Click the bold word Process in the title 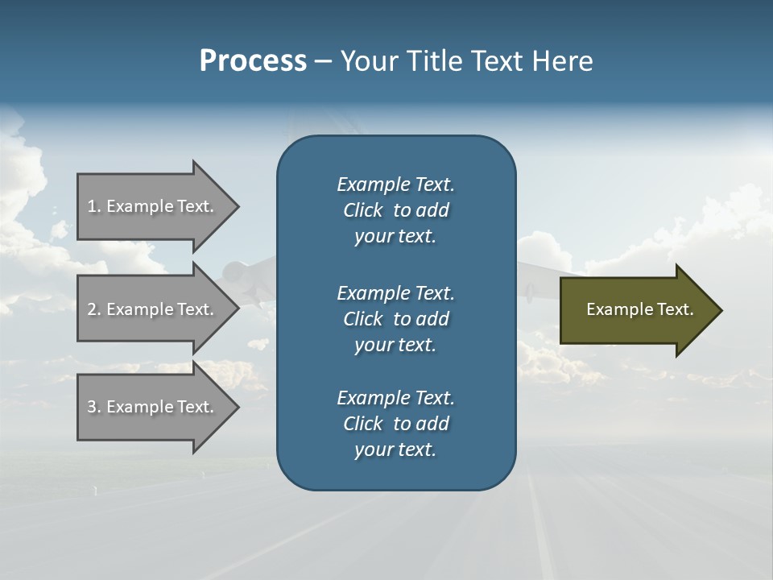click(x=253, y=61)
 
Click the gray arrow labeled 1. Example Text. click(x=153, y=206)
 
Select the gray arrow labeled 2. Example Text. click(x=153, y=309)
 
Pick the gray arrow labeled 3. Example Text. click(x=153, y=407)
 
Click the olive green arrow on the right click(x=636, y=310)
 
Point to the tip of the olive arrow click(x=720, y=310)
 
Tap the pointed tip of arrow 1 click(x=237, y=206)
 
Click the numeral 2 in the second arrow click(x=92, y=309)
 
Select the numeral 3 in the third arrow click(x=92, y=407)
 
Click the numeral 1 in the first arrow click(x=92, y=206)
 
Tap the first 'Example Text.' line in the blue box click(x=395, y=184)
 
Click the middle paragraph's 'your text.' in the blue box click(x=395, y=345)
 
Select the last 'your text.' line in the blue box click(x=395, y=449)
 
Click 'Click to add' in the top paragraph click(x=395, y=210)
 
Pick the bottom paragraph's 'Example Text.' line click(x=395, y=398)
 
